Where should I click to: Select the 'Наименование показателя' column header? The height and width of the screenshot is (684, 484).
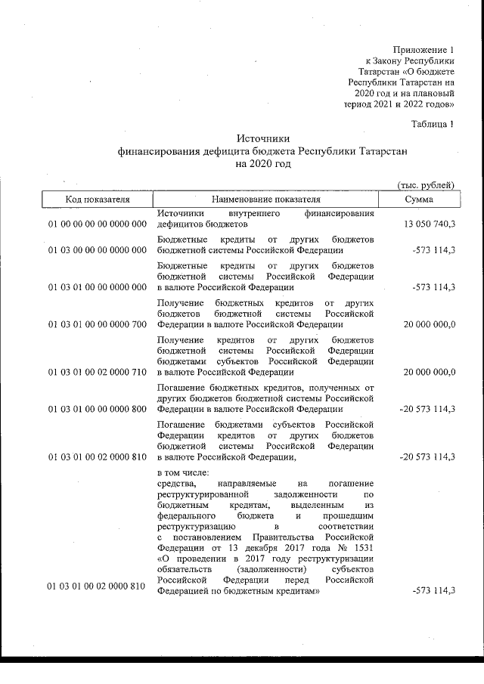click(265, 200)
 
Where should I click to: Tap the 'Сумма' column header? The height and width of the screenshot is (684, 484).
click(418, 200)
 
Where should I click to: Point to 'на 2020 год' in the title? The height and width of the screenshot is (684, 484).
click(263, 163)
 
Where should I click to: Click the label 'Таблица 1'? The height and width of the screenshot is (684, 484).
click(432, 124)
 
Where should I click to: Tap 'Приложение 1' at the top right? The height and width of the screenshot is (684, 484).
click(427, 48)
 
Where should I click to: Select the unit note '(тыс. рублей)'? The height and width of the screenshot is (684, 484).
click(426, 184)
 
